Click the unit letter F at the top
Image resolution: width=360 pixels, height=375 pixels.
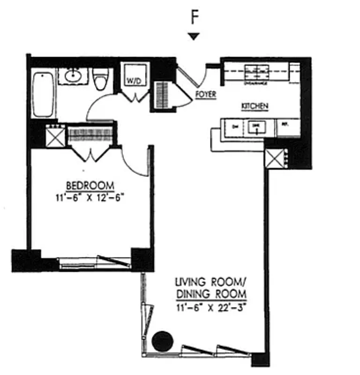click(x=194, y=17)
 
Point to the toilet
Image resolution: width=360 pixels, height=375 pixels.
click(x=100, y=79)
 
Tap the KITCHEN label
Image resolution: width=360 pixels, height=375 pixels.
click(x=255, y=106)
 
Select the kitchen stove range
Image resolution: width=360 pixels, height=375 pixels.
click(x=256, y=73)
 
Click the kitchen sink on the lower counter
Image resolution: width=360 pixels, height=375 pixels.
click(x=256, y=126)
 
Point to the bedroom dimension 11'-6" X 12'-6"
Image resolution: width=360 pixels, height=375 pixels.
click(x=89, y=197)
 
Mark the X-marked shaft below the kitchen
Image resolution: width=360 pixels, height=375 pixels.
click(x=275, y=158)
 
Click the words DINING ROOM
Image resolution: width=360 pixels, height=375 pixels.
click(x=211, y=294)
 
